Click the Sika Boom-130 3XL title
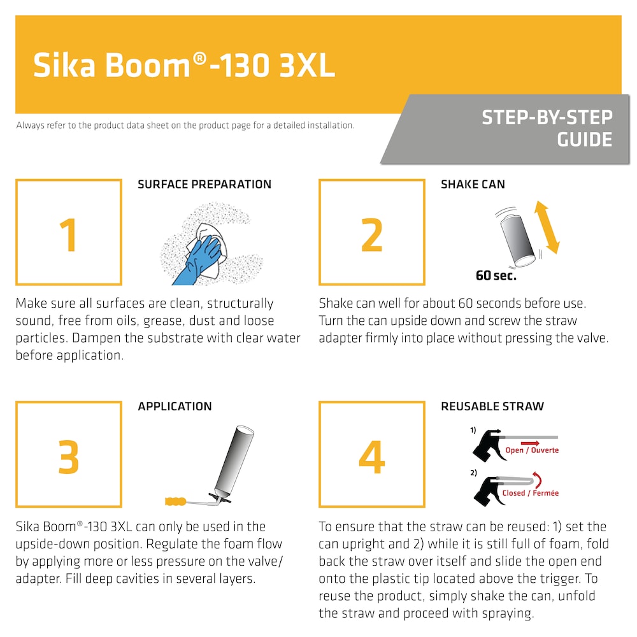(x=184, y=65)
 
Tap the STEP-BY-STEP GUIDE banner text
(x=547, y=128)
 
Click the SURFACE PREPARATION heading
(x=204, y=185)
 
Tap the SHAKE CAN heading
(x=473, y=185)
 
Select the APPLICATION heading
(x=175, y=406)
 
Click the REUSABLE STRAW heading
(x=492, y=406)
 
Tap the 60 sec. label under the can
(x=496, y=276)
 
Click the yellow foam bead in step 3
(x=176, y=500)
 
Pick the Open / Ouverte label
(x=532, y=450)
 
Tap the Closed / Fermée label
(x=530, y=492)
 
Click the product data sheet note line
(x=185, y=125)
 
